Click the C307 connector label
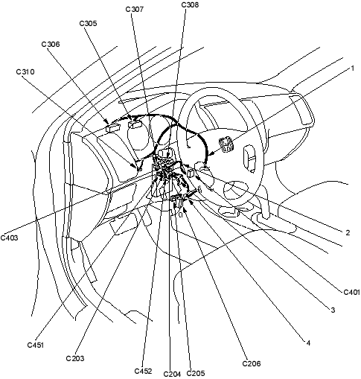coord(135,10)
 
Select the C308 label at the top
coord(190,4)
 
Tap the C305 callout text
coord(88,23)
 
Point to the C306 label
coord(51,44)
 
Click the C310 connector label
coord(25,72)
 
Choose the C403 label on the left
coord(9,238)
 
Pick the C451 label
coord(36,345)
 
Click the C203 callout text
coord(75,358)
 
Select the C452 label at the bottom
coord(143,371)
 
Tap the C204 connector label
coord(172,374)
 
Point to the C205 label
coord(196,373)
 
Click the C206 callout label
coord(252,364)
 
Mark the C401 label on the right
coord(352,292)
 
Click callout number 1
coord(353,69)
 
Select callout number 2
coord(348,232)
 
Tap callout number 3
coord(333,310)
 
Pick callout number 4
coord(308,343)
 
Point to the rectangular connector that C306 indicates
coord(113,128)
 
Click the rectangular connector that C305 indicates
coord(135,124)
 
